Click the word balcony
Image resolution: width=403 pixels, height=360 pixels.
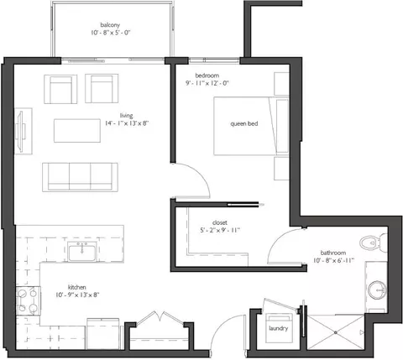[x=110, y=25]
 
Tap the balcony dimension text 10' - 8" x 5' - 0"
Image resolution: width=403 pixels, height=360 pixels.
[x=111, y=33]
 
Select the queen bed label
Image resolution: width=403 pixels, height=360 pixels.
[x=244, y=123]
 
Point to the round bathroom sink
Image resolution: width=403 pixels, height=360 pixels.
[x=377, y=290]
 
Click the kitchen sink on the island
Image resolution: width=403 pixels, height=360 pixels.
[x=82, y=251]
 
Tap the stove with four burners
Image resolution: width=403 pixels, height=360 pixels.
[x=28, y=300]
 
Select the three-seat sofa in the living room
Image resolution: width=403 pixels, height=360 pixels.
[x=80, y=177]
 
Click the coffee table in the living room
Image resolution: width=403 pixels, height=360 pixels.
[x=77, y=131]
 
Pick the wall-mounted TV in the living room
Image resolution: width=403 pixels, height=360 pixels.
[x=21, y=131]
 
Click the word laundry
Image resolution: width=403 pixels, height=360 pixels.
[x=278, y=328]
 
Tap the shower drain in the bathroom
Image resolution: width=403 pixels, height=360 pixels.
[x=336, y=332]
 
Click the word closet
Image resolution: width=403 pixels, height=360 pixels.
[x=220, y=222]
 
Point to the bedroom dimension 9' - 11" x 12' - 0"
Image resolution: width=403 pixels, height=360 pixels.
[x=207, y=83]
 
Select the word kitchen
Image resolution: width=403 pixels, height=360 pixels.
[x=76, y=287]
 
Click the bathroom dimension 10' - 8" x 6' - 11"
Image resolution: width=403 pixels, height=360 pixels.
[x=334, y=260]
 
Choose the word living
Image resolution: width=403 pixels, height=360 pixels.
[x=126, y=116]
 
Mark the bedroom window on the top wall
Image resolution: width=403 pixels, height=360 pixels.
[x=214, y=60]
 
